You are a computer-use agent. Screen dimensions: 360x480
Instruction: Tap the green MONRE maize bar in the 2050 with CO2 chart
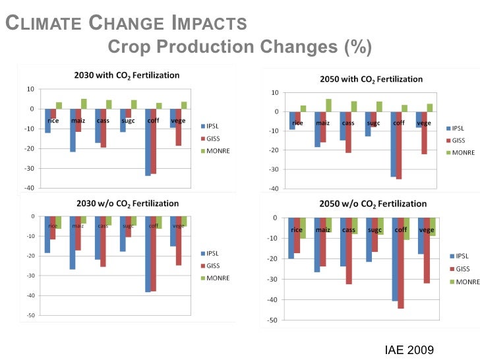click(328, 105)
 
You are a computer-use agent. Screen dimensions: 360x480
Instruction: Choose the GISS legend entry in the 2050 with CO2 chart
click(459, 140)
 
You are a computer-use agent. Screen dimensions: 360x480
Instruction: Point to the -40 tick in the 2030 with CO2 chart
click(30, 187)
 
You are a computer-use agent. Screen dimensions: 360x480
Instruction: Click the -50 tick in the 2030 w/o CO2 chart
click(30, 315)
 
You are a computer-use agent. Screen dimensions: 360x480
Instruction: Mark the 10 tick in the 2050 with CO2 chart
click(273, 92)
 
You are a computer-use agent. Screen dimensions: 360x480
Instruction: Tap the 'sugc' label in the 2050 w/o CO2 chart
click(374, 230)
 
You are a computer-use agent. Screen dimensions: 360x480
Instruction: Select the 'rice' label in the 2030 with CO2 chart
click(53, 120)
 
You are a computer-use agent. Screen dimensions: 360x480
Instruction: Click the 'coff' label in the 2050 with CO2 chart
click(399, 123)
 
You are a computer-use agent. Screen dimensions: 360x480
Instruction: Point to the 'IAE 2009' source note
click(411, 349)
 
